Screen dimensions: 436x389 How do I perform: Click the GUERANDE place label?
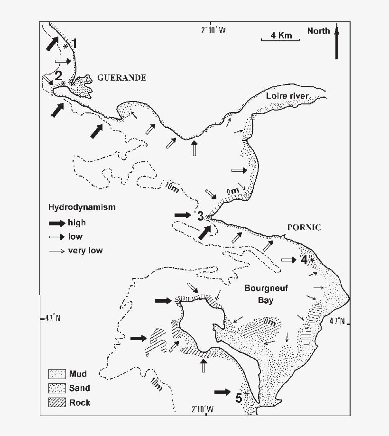tap(121, 78)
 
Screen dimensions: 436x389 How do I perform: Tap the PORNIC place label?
tap(304, 227)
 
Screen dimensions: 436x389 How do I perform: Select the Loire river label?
tap(287, 96)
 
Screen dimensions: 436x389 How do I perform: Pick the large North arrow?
tap(336, 43)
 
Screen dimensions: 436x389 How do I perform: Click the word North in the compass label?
tap(318, 31)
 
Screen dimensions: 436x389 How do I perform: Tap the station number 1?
tap(74, 45)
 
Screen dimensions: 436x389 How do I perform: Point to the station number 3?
tap(200, 216)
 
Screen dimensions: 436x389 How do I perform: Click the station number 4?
tap(304, 260)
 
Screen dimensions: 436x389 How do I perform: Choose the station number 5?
tap(240, 397)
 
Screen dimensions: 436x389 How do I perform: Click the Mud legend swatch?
tap(56, 373)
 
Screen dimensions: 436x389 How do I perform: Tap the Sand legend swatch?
tap(56, 388)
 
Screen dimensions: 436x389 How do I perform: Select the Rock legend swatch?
tap(56, 403)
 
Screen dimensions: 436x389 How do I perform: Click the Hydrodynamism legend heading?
tap(82, 208)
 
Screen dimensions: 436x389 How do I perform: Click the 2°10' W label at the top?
tap(213, 30)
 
